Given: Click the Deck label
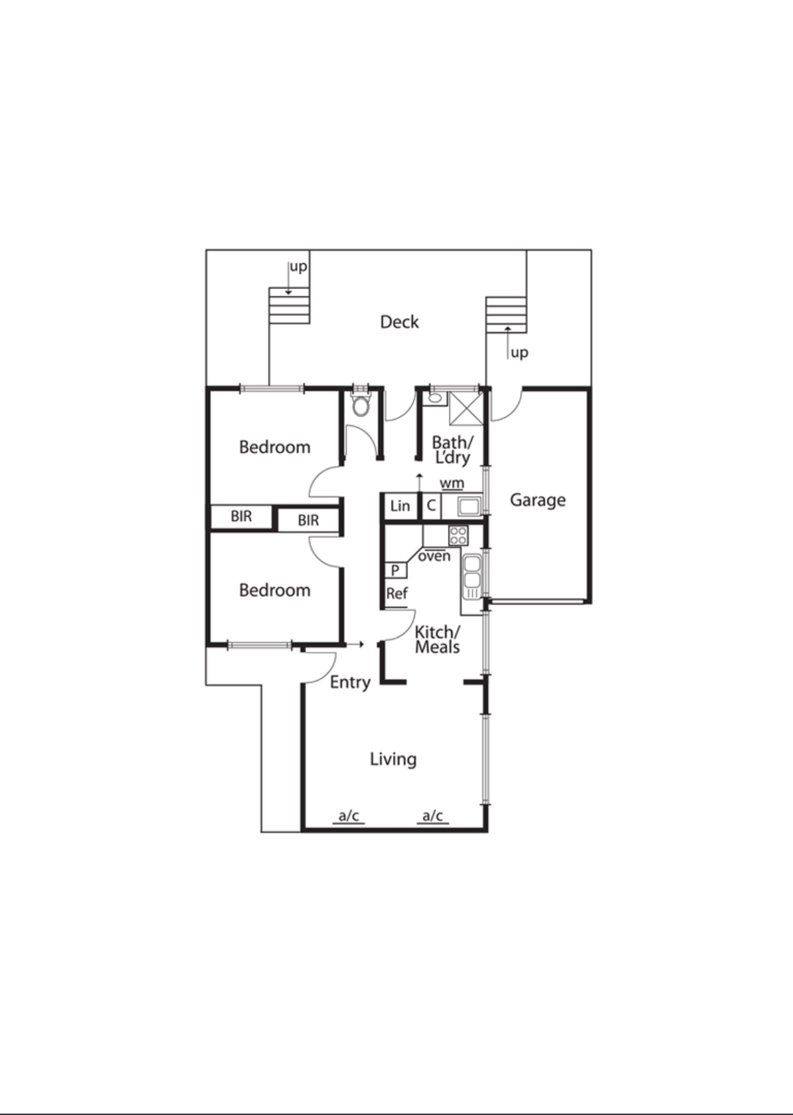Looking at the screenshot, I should (399, 321).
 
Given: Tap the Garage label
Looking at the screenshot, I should (537, 501).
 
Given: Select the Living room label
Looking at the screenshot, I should (393, 759).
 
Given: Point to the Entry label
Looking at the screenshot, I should (350, 682).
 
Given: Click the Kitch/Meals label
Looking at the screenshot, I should (437, 640).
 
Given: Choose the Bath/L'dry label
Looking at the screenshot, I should (452, 450).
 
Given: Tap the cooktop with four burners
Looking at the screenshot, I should (458, 536).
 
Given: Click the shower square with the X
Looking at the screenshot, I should (464, 408).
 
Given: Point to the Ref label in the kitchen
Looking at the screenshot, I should (396, 594).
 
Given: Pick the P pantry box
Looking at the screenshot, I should (395, 570).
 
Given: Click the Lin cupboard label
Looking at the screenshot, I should (400, 506).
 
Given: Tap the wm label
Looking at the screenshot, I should (452, 484).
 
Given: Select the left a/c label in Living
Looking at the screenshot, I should (348, 816).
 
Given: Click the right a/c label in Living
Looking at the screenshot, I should (432, 816).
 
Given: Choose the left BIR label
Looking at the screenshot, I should (241, 517).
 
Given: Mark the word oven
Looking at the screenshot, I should (434, 556).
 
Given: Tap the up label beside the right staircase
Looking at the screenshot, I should (519, 353).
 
